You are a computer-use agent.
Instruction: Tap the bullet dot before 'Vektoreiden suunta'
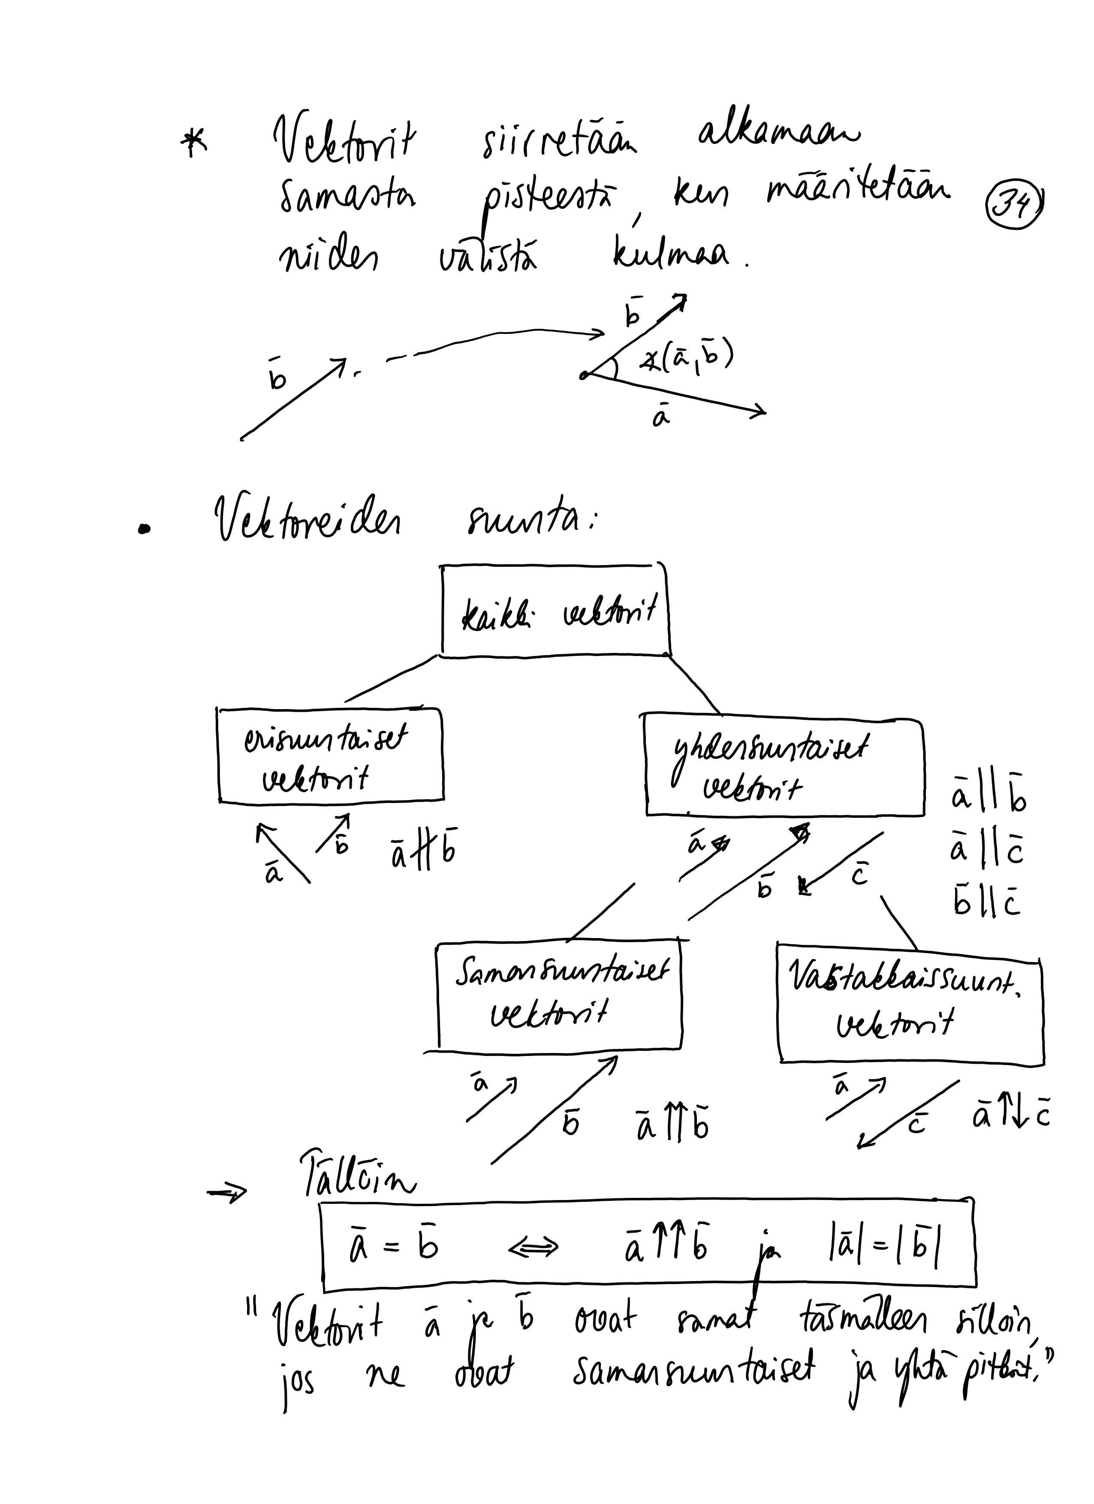[143, 529]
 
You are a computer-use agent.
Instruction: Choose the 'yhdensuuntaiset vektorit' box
[784, 764]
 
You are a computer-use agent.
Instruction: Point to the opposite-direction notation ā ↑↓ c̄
[1010, 1117]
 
